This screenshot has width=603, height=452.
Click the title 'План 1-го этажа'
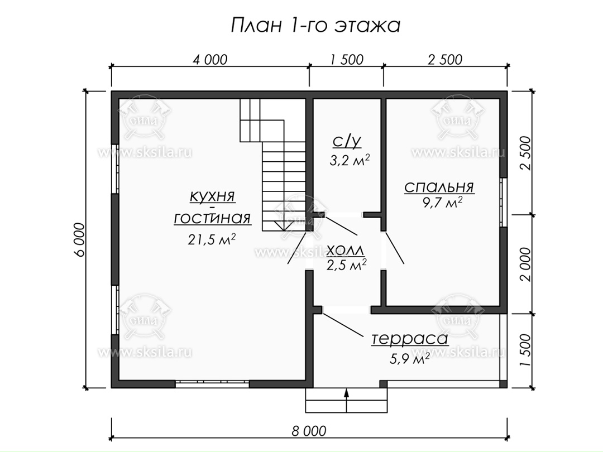click(x=315, y=25)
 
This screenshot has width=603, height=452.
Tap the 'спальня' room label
click(x=439, y=187)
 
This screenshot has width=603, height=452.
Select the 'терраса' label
click(x=410, y=339)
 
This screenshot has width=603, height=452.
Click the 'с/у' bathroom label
click(x=347, y=141)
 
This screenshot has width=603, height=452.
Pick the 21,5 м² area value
click(x=212, y=239)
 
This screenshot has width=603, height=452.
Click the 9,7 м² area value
click(x=442, y=202)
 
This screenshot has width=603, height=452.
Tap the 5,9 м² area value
click(x=410, y=359)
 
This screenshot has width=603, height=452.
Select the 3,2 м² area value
click(x=350, y=160)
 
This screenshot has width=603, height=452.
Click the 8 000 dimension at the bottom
click(x=309, y=430)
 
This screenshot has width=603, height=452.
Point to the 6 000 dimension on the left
click(x=79, y=239)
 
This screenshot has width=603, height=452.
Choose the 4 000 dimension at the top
click(x=210, y=60)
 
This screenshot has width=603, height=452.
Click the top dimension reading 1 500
click(x=347, y=60)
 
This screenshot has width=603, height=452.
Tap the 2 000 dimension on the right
click(x=525, y=264)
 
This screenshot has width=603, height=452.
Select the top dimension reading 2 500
click(x=445, y=60)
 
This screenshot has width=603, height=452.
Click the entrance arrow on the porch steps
click(x=347, y=401)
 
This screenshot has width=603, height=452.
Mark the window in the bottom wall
click(x=212, y=383)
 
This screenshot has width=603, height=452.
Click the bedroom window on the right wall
click(x=504, y=202)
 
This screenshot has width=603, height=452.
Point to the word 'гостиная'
click(x=212, y=218)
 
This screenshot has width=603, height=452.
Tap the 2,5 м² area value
click(x=347, y=265)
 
